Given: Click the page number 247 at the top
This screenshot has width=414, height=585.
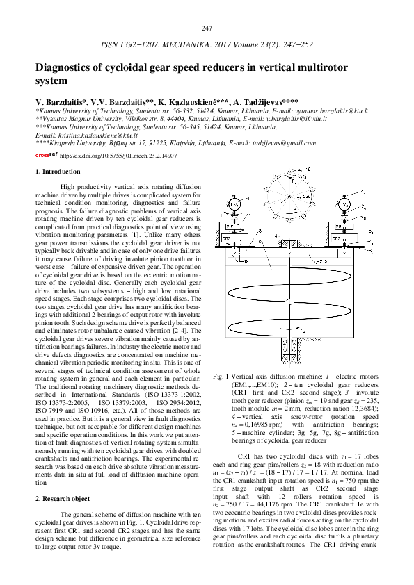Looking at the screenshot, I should click(206, 28).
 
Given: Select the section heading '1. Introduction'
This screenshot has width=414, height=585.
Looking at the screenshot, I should click(58, 171).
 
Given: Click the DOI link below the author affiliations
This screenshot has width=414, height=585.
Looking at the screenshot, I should click(118, 156).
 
